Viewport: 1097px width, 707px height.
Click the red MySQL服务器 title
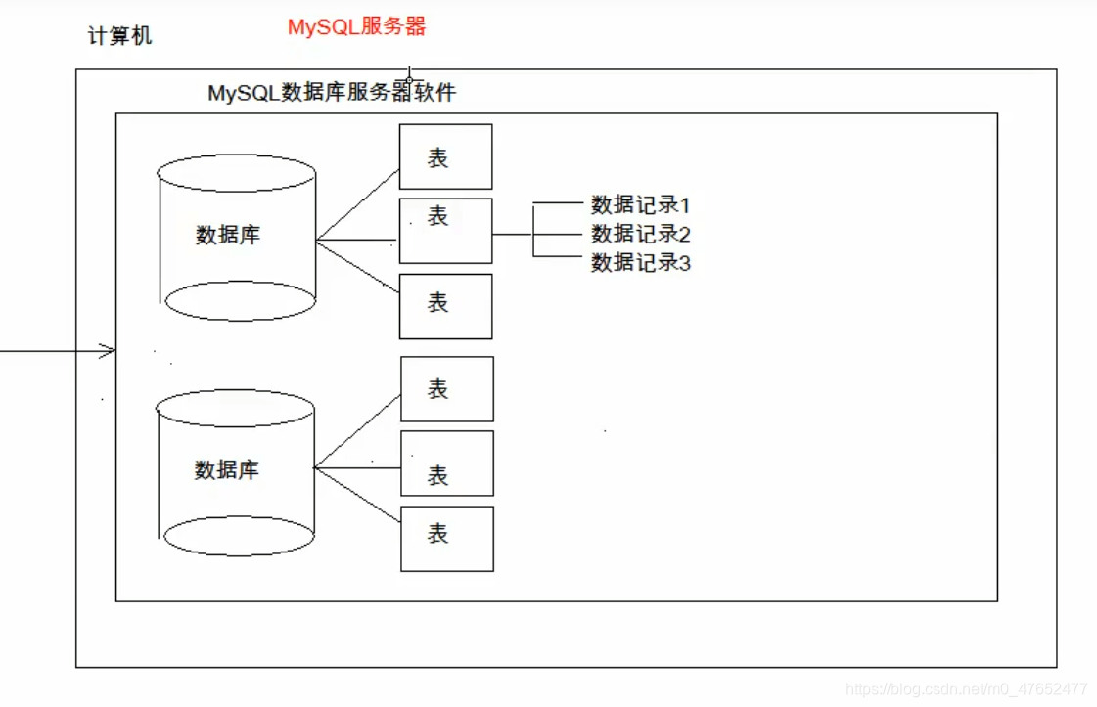(357, 27)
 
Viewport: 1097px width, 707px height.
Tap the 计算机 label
(119, 38)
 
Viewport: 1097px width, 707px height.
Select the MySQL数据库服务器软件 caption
(332, 93)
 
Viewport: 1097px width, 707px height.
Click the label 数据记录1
(641, 205)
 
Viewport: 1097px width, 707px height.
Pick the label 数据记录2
(641, 234)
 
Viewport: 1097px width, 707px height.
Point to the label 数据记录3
(641, 262)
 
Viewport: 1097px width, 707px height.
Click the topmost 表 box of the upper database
(445, 156)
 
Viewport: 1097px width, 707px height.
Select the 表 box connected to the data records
(445, 231)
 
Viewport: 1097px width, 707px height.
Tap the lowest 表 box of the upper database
(445, 306)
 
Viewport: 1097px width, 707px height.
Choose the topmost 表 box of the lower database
(447, 389)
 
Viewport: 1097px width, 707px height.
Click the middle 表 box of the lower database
(447, 464)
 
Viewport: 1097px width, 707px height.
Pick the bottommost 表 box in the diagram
(447, 539)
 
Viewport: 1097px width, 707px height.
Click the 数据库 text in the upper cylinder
(228, 235)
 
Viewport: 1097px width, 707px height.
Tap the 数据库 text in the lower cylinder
(227, 470)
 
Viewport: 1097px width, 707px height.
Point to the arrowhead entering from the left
(110, 351)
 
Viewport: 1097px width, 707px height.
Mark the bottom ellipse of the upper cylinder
(240, 301)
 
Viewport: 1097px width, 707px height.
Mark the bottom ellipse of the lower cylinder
(239, 537)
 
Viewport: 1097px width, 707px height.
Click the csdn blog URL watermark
(967, 689)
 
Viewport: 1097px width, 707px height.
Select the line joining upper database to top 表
(358, 204)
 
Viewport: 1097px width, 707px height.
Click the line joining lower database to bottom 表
(358, 493)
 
